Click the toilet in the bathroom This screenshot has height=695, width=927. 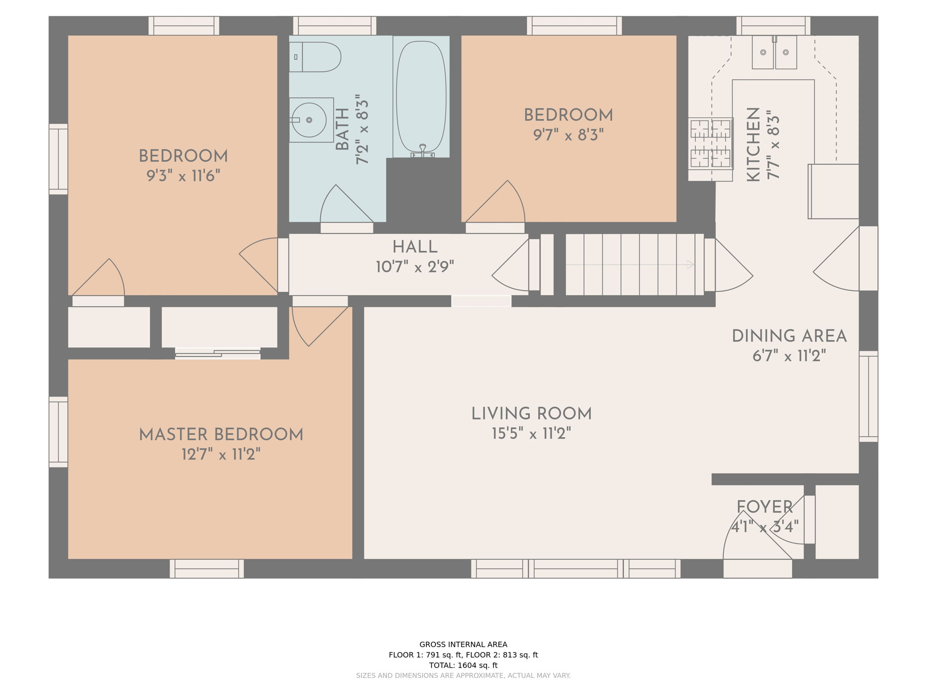pos(315,57)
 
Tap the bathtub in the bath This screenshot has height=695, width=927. pos(421,97)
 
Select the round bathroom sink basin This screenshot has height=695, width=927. pos(309,120)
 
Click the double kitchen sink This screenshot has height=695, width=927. pos(774,52)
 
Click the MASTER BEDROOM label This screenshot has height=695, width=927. pos(221,435)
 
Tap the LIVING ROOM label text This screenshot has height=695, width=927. pos(531,414)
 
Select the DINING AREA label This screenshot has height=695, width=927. pos(789,336)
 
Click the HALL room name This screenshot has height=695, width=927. pos(415,248)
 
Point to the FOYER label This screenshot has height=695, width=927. pos(765,507)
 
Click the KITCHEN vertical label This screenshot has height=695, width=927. pos(753,145)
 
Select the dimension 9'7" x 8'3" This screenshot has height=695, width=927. pos(569,135)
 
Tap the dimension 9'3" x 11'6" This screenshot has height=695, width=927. pos(183,176)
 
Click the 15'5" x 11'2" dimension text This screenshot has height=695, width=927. pos(531,434)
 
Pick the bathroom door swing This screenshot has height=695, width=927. pos(346,203)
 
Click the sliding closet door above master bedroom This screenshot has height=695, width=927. pos(218,353)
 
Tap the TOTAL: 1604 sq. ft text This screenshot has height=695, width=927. pos(463,665)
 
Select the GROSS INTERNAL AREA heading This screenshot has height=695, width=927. pos(463,644)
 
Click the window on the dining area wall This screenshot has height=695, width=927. pos(868,396)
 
